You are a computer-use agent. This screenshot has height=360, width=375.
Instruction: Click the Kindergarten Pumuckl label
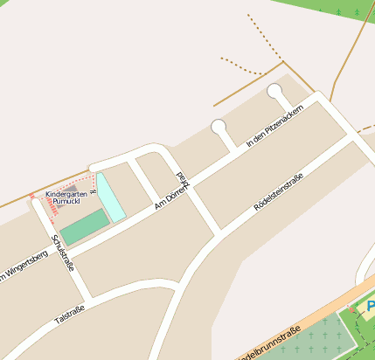pos(67,197)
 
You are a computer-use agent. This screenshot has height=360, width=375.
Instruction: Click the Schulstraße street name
pos(62,253)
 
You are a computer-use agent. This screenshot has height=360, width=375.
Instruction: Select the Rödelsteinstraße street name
pos(278,193)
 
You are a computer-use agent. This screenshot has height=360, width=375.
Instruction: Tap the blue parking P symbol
pos(371,307)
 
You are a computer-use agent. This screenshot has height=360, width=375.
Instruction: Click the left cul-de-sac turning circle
pos(219,128)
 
